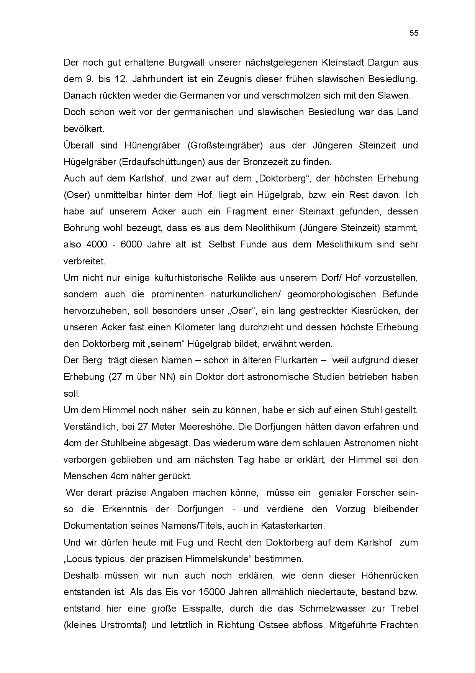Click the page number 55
point(414,33)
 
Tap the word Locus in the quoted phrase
point(77,559)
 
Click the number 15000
point(212,592)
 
